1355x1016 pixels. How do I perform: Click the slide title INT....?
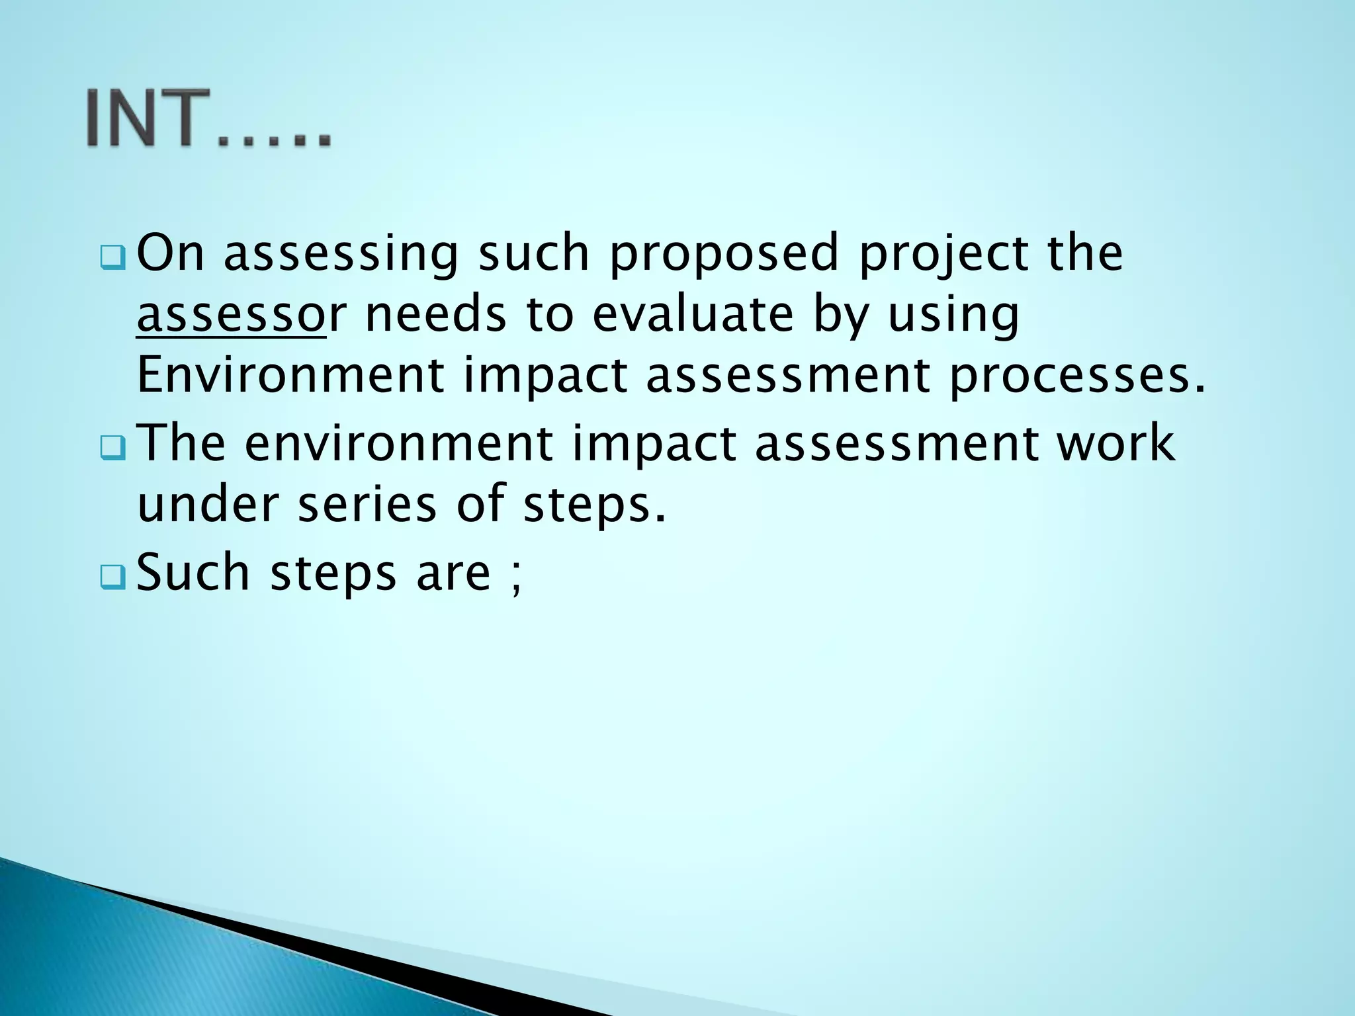[208, 119]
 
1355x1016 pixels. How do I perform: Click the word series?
[367, 504]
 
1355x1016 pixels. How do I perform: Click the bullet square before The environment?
[112, 449]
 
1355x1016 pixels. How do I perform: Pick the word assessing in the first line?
[341, 255]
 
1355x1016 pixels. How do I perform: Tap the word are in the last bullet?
[453, 574]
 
